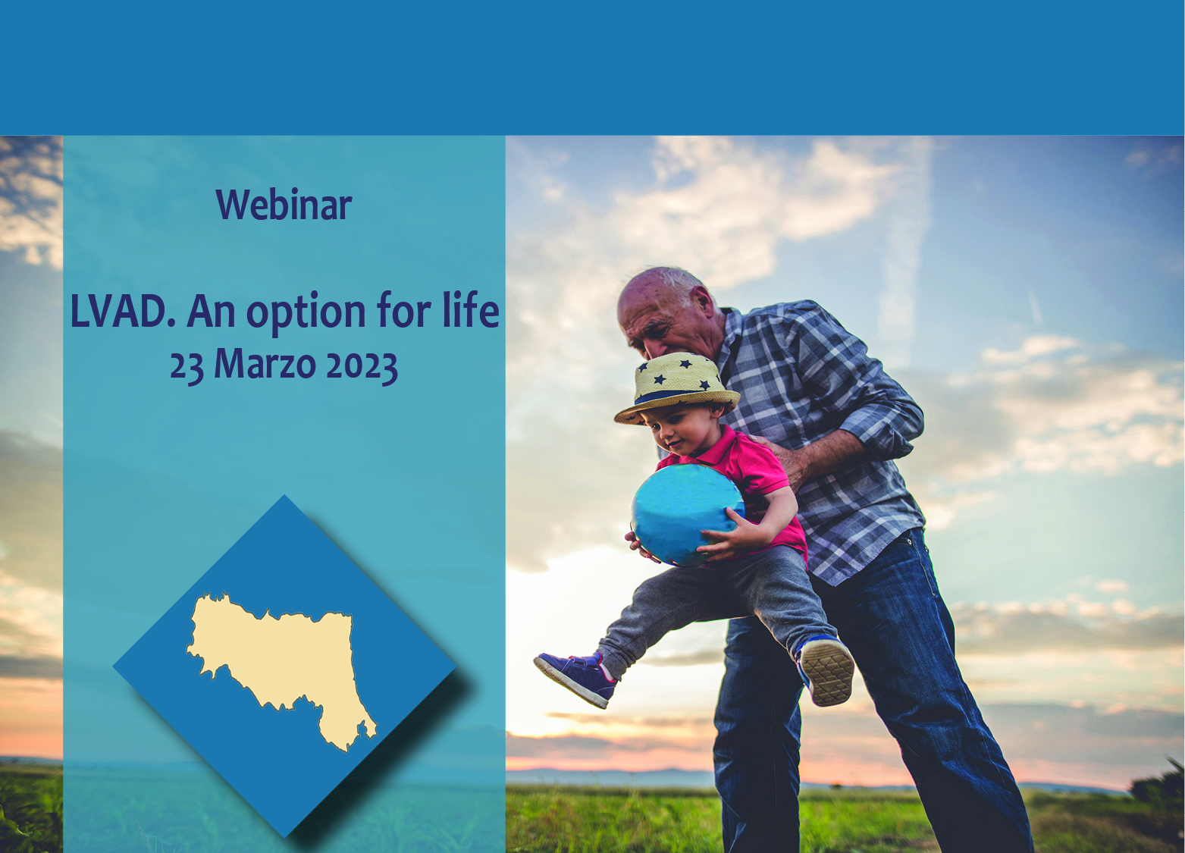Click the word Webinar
(x=284, y=204)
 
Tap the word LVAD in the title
(x=121, y=311)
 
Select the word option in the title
(x=306, y=312)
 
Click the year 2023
(x=362, y=366)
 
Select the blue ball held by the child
(x=687, y=514)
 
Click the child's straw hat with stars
(x=677, y=387)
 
